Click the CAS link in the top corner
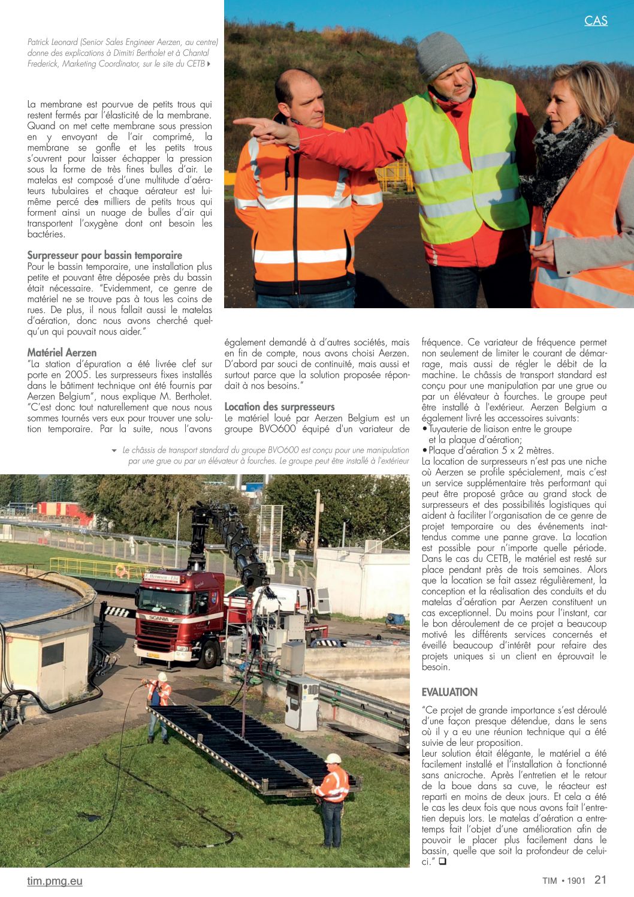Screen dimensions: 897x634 click(596, 20)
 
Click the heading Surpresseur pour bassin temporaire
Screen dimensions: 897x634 click(105, 255)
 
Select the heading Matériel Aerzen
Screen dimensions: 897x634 click(62, 353)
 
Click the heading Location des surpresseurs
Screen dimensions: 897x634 click(279, 407)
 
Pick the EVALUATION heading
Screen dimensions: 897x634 click(449, 692)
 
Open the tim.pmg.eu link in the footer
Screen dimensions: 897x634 click(55, 881)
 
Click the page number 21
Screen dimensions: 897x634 click(600, 880)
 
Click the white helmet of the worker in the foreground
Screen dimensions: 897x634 click(333, 758)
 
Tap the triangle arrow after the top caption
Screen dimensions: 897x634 click(209, 64)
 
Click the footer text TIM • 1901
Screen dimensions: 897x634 click(563, 881)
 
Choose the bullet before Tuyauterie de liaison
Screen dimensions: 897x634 click(425, 429)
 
